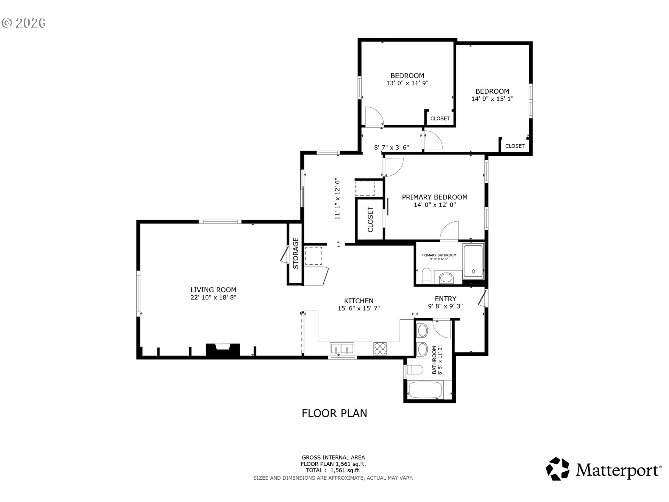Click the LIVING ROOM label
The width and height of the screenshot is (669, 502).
point(213,290)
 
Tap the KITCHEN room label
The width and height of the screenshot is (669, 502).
point(359,301)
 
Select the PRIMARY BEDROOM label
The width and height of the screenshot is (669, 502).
point(435,197)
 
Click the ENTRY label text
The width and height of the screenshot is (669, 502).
point(445,299)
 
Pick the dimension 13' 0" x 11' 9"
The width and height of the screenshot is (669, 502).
point(407,83)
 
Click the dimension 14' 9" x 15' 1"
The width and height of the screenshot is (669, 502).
point(492,99)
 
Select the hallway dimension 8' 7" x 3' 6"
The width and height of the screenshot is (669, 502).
point(391,147)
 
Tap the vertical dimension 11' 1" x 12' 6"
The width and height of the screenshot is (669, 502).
point(337,199)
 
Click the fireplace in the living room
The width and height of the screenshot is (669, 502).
point(223,350)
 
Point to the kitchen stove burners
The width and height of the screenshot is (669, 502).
point(380,349)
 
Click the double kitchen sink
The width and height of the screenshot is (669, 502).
point(342,349)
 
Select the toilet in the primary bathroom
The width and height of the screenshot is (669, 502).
point(427,276)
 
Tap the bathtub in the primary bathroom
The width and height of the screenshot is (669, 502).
point(473,261)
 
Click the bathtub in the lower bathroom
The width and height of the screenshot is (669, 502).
point(425,390)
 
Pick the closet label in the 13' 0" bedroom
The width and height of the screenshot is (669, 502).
point(440,119)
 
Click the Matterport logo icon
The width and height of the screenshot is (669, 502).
point(557,469)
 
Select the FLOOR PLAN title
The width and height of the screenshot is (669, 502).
point(334,413)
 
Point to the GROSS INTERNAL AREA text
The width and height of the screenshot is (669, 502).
point(333,458)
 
